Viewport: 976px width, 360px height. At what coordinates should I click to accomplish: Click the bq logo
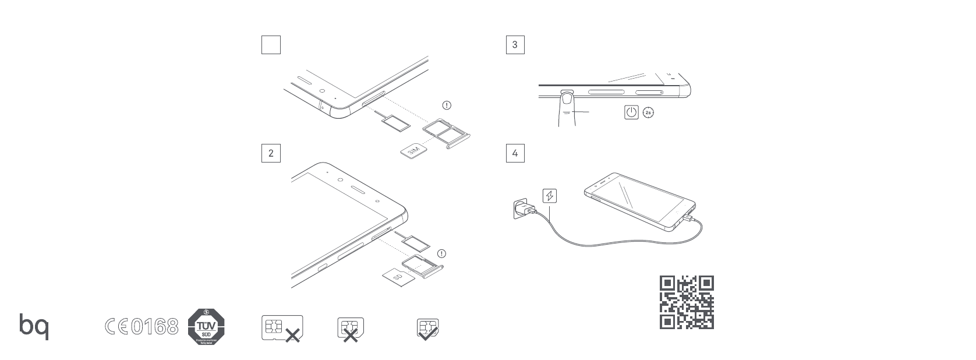34,326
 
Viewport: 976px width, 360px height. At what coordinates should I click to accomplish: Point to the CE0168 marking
142,326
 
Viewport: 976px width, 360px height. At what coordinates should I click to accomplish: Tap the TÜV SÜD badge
206,326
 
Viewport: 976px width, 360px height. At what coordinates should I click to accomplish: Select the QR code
687,302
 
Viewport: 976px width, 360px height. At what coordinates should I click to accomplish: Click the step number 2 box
271,153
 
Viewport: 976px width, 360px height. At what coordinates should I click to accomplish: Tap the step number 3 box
515,45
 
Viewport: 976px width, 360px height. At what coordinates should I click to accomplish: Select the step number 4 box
515,153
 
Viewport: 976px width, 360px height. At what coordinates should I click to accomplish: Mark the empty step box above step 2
271,45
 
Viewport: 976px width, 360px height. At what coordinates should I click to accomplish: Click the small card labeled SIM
413,150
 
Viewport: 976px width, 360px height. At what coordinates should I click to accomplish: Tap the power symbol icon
631,112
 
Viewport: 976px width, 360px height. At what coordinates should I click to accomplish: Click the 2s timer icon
648,112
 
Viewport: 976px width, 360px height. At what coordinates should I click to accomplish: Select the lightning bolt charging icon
549,196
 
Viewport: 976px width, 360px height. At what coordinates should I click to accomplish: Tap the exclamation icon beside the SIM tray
447,105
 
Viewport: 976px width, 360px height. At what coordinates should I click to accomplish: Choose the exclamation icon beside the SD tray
442,254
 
